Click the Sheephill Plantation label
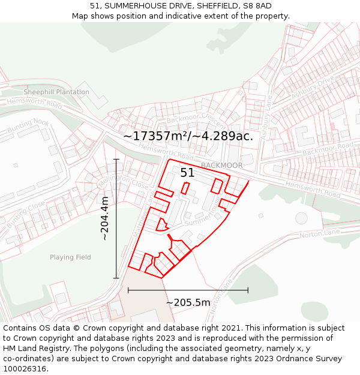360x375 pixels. click(x=56, y=92)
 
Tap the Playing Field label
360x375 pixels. click(x=70, y=257)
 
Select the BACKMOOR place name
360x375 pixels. click(x=222, y=165)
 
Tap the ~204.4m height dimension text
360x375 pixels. click(x=105, y=218)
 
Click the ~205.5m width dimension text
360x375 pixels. click(x=188, y=302)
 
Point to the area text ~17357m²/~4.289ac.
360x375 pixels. click(x=188, y=136)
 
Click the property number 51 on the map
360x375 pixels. click(x=188, y=173)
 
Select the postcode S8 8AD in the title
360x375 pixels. click(x=259, y=6)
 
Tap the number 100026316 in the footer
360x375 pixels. click(x=26, y=369)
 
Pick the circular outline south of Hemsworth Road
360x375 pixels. click(x=301, y=217)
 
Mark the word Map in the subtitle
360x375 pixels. click(x=80, y=16)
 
